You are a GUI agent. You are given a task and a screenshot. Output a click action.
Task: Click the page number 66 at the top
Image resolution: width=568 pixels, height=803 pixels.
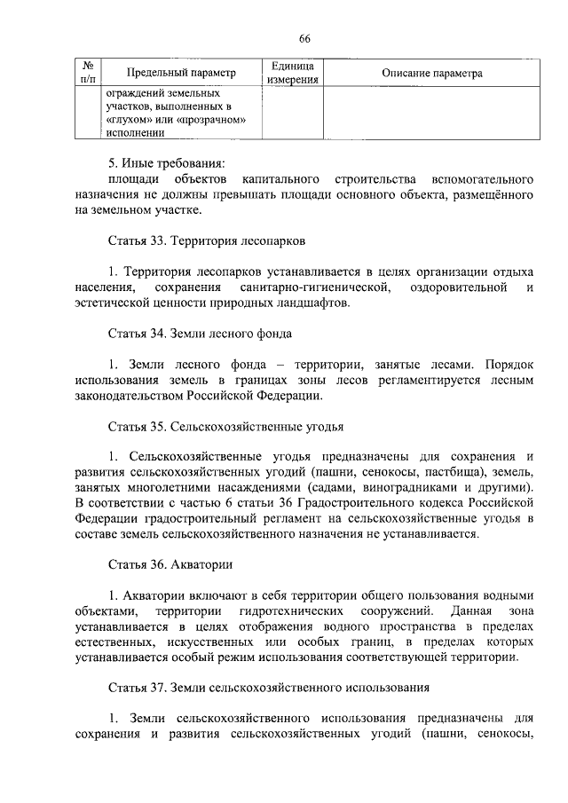point(304,38)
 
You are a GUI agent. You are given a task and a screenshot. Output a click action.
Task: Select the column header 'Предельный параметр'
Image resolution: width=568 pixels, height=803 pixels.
point(181,74)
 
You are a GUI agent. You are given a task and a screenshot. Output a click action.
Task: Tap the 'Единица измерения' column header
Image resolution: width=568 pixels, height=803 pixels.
point(292,74)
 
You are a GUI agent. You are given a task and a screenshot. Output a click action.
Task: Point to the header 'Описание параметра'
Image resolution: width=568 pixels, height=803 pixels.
point(431,74)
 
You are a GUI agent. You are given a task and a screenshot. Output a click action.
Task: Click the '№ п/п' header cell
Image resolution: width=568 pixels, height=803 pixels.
point(88,74)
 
